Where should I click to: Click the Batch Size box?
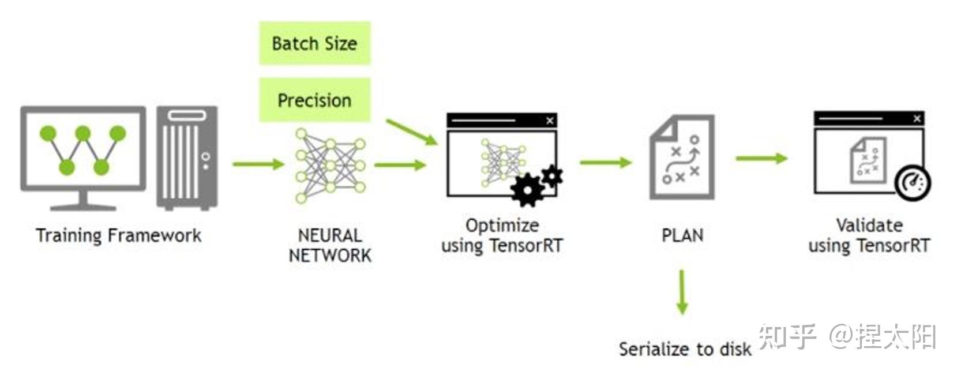314,43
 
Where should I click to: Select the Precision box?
314,100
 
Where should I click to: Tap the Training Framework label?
118,235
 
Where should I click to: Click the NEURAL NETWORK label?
330,245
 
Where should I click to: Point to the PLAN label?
682,235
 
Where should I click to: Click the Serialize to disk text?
685,349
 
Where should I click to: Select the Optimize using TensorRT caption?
502,236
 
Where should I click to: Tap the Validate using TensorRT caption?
869,236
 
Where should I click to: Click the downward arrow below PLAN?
682,292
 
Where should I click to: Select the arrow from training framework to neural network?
258,164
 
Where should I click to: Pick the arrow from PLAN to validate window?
762,158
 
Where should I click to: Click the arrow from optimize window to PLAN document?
606,162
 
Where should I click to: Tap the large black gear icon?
527,190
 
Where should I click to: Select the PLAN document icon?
682,157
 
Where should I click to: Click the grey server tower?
187,158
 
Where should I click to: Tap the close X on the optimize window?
550,121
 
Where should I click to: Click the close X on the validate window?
917,118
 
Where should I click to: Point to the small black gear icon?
552,176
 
